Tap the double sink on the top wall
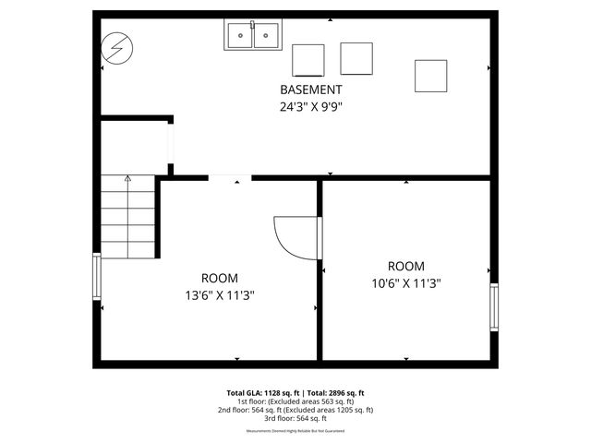coord(252,36)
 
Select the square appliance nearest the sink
coord(308,59)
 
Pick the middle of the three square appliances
coord(356,58)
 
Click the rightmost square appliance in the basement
coord(430,76)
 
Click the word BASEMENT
coord(311,90)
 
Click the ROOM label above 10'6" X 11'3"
coord(406,266)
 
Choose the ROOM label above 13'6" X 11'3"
coord(219,278)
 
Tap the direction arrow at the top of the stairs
coord(127,178)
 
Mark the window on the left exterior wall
coord(96,276)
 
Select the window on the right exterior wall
coord(494,307)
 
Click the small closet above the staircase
coord(134,146)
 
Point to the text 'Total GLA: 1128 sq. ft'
coord(263,392)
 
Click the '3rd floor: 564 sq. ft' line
coord(295,418)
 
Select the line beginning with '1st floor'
coord(295,401)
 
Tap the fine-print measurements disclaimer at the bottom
coord(295,431)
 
